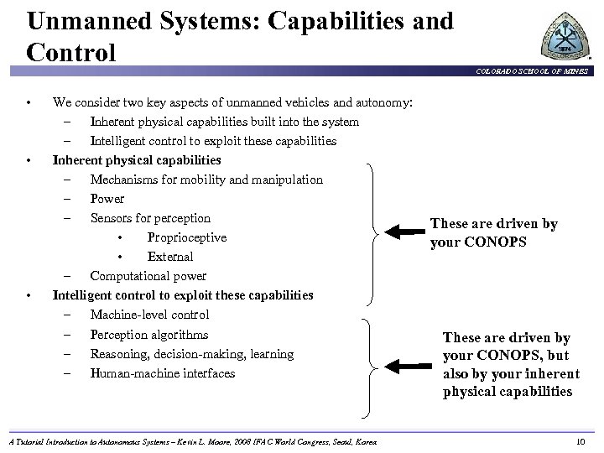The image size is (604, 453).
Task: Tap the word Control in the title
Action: click(x=71, y=52)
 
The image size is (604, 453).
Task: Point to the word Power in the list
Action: click(x=107, y=199)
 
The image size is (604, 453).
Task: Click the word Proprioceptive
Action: click(x=186, y=237)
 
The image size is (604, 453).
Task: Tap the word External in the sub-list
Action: click(x=169, y=257)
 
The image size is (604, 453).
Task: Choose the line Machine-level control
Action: click(x=149, y=315)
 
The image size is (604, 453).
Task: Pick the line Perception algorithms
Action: click(x=149, y=334)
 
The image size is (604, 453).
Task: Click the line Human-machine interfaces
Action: click(x=162, y=373)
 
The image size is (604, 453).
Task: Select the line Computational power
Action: click(x=148, y=276)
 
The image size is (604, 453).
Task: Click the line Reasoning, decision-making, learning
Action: click(x=191, y=354)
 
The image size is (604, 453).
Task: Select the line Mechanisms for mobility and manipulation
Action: click(x=206, y=180)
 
